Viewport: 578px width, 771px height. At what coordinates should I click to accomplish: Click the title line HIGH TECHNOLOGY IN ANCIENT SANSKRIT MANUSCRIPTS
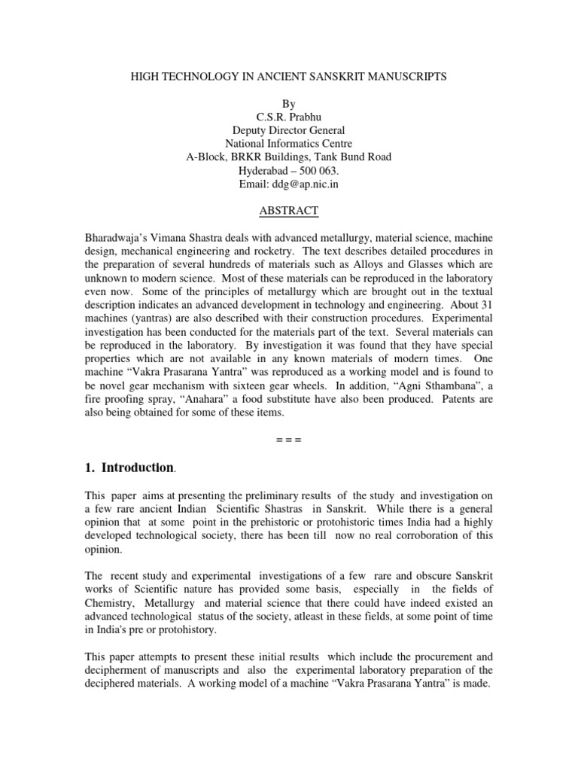[x=288, y=76]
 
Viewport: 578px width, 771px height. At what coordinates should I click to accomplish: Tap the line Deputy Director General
[x=289, y=130]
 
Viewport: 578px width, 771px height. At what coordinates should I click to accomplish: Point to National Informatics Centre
[x=289, y=144]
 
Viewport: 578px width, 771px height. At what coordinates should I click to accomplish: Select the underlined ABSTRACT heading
[x=289, y=211]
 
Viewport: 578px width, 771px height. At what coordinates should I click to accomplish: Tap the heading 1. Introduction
[x=129, y=468]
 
